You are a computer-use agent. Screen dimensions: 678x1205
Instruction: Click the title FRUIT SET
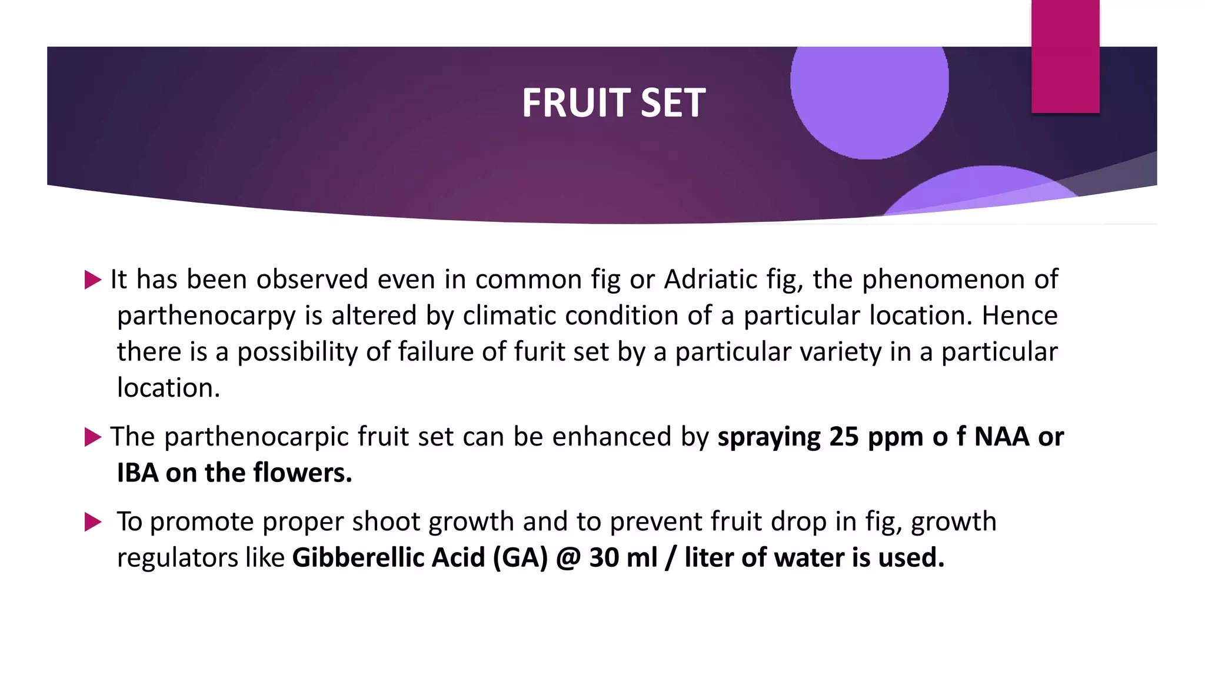(613, 103)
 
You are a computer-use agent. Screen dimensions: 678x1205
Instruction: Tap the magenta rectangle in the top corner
(1065, 56)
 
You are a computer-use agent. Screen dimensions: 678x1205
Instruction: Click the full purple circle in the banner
(869, 94)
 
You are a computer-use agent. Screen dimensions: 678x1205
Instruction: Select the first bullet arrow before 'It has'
(93, 280)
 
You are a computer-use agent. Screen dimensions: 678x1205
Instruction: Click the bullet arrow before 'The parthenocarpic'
(93, 437)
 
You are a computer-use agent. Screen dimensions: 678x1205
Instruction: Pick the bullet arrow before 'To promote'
(93, 522)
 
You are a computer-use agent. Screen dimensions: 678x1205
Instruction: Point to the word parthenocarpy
(206, 316)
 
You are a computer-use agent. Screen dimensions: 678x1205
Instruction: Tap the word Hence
(1020, 316)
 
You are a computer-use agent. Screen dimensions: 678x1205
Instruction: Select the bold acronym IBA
(138, 473)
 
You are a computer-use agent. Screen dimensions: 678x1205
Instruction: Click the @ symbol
(568, 558)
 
